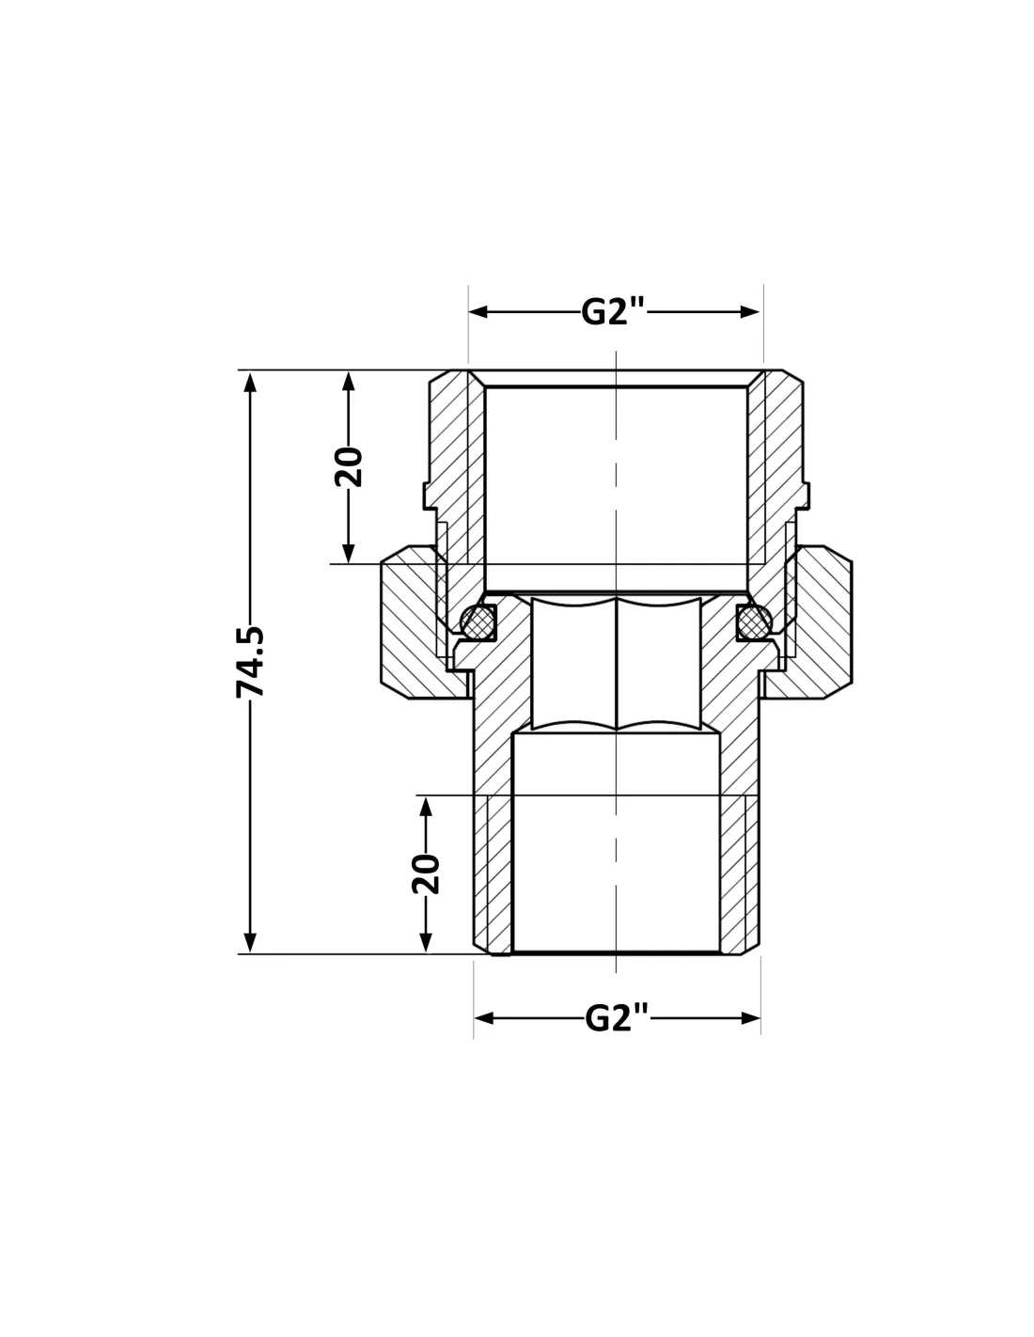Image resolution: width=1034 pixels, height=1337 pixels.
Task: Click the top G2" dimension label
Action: pyautogui.click(x=613, y=312)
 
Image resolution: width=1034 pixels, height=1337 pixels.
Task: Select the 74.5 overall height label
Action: pyautogui.click(x=250, y=662)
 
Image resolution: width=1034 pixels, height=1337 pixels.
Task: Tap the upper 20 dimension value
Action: pyautogui.click(x=348, y=467)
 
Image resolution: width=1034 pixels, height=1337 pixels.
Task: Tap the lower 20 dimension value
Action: pyautogui.click(x=426, y=873)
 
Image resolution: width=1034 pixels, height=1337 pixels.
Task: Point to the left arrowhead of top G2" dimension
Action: pyautogui.click(x=478, y=312)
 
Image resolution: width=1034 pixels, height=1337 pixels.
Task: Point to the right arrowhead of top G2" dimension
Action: pyautogui.click(x=750, y=312)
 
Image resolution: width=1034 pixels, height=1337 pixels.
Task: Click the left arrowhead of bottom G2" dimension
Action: pyautogui.click(x=483, y=1018)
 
